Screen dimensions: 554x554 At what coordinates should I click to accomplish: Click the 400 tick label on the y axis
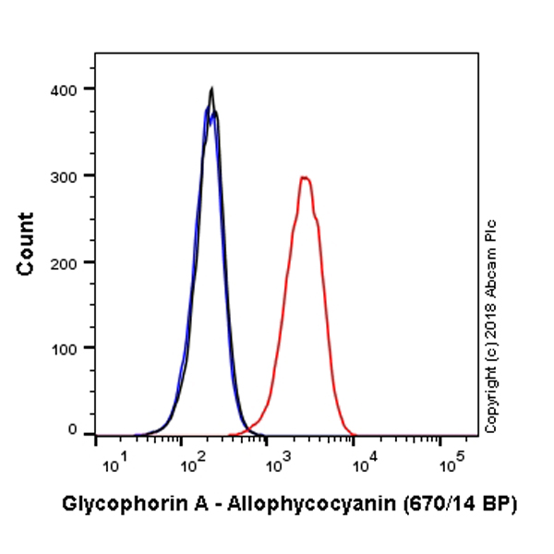click(x=66, y=89)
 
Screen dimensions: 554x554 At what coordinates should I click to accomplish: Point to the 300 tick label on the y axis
click(x=66, y=175)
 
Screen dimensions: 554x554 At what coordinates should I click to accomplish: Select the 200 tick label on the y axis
click(x=66, y=262)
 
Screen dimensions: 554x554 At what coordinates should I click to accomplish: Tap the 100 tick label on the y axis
click(x=66, y=349)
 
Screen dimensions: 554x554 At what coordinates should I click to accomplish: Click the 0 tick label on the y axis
click(x=72, y=429)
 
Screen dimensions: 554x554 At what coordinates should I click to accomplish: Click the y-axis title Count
click(x=26, y=244)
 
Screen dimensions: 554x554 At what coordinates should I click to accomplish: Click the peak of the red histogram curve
click(x=304, y=177)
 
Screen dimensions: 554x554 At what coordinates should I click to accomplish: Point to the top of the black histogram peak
click(x=212, y=89)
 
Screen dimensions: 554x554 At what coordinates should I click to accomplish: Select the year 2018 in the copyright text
click(x=490, y=328)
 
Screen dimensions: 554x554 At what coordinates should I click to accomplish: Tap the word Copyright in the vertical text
click(x=490, y=397)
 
